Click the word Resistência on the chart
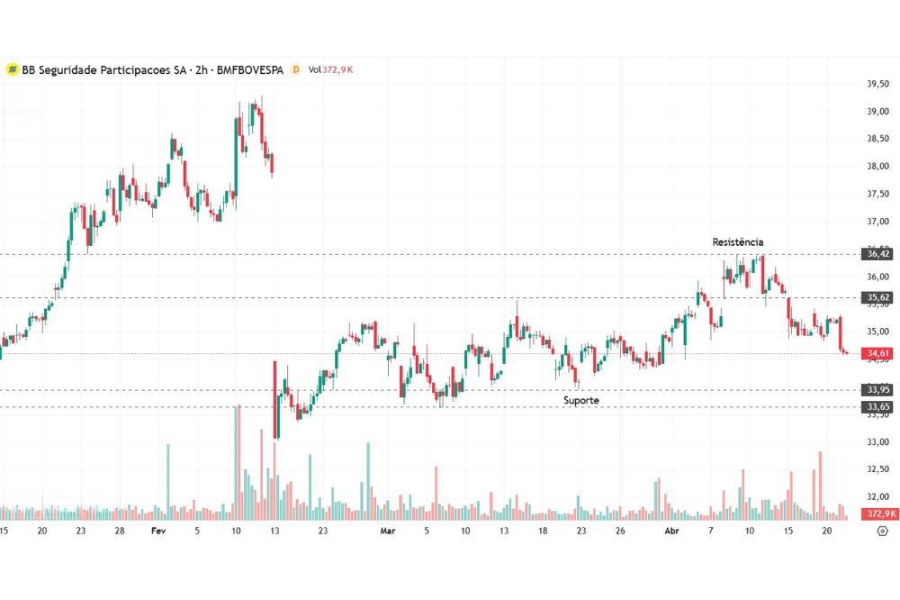pyautogui.click(x=737, y=242)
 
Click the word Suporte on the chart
pyautogui.click(x=581, y=400)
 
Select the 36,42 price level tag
pyautogui.click(x=879, y=255)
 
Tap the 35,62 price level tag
pyautogui.click(x=879, y=297)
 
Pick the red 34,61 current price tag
pyautogui.click(x=879, y=354)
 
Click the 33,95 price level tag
pyautogui.click(x=879, y=390)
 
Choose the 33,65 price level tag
pyautogui.click(x=879, y=407)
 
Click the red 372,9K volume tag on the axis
pyautogui.click(x=881, y=514)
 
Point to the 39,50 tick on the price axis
pyautogui.click(x=878, y=84)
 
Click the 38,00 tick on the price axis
pyautogui.click(x=878, y=167)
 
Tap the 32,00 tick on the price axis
pyautogui.click(x=878, y=497)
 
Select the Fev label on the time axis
pyautogui.click(x=158, y=532)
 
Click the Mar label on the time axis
pyautogui.click(x=387, y=532)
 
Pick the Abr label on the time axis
pyautogui.click(x=670, y=532)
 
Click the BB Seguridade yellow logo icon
pyautogui.click(x=12, y=69)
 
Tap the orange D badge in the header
pyautogui.click(x=295, y=69)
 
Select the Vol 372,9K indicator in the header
pyautogui.click(x=329, y=69)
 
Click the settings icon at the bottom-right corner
pyautogui.click(x=882, y=532)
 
